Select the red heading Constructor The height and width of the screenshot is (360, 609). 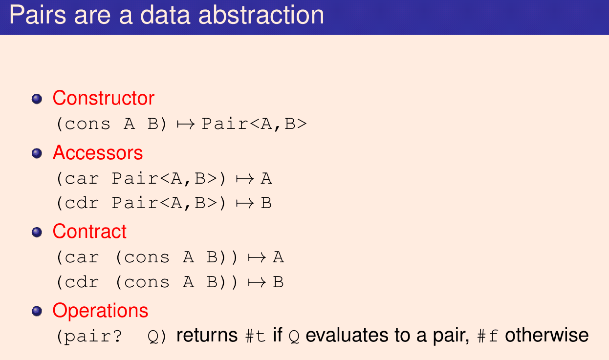(x=103, y=98)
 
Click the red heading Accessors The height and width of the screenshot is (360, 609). (x=98, y=153)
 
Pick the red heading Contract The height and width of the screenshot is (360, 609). (x=89, y=232)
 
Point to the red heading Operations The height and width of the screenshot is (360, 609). (x=100, y=310)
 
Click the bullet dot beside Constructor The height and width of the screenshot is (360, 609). (x=37, y=99)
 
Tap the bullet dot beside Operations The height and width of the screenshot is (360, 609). (x=37, y=311)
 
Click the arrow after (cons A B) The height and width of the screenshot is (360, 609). (x=186, y=125)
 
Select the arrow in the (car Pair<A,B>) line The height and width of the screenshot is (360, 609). (x=245, y=179)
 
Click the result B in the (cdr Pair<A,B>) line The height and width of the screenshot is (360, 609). (x=266, y=203)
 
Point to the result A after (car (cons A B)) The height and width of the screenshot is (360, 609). (x=279, y=257)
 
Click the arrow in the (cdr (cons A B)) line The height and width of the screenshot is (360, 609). (x=257, y=282)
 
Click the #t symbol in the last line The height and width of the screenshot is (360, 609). (x=255, y=336)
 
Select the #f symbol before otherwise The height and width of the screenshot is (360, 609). (x=488, y=336)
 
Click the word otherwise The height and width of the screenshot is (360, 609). (x=547, y=335)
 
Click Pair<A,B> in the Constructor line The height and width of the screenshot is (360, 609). (x=254, y=125)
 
